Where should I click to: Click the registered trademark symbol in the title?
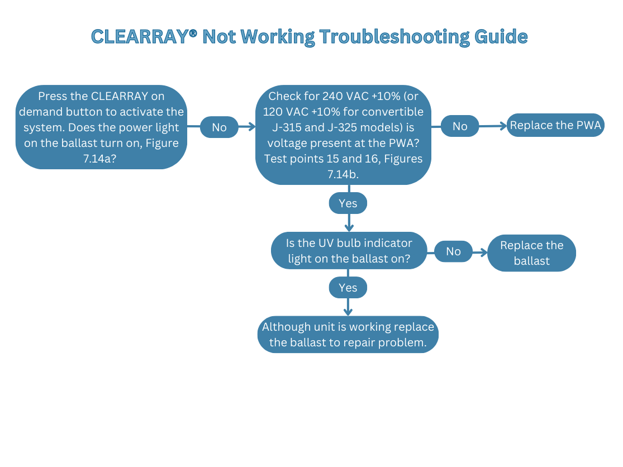pos(193,34)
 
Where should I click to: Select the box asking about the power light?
pos(101,127)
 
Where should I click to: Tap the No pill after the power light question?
pos(219,127)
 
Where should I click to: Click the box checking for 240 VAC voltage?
pos(343,135)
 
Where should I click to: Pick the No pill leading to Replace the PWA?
pos(460,126)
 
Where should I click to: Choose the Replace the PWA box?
pos(555,126)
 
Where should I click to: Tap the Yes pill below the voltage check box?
pos(348,203)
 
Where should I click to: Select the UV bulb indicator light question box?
pos(349,251)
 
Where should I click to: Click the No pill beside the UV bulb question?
pos(453,251)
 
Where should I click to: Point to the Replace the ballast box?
pos(531,253)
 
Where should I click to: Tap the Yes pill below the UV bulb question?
pos(348,288)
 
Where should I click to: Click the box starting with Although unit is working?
pos(348,335)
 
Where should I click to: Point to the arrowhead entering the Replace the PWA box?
pos(503,126)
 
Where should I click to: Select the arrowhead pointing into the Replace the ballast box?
pos(483,252)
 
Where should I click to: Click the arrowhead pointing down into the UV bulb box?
pos(349,227)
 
